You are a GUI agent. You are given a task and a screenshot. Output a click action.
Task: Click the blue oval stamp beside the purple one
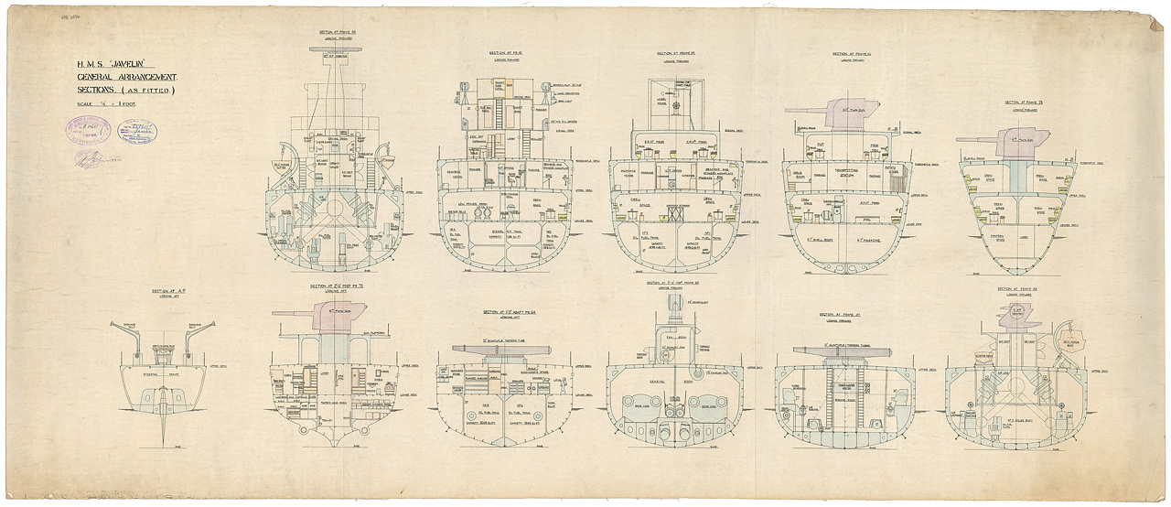pos(136,132)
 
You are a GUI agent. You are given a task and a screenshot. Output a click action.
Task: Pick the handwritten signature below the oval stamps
pos(91,158)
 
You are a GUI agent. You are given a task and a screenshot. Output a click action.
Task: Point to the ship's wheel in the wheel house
pos(677,109)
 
